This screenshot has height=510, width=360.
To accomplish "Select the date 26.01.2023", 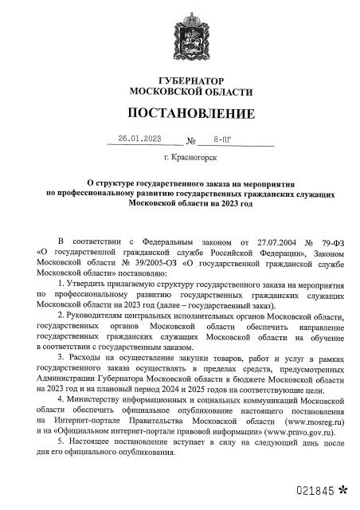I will (139, 139).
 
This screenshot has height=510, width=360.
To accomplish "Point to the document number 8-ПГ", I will (216, 139).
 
